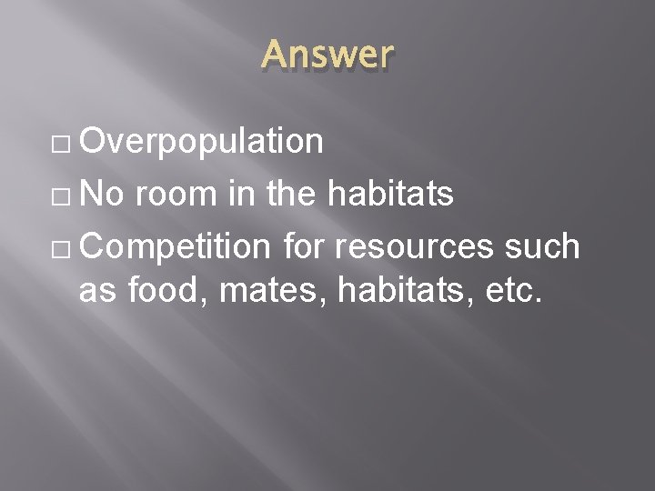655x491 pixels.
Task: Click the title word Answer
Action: tap(327, 56)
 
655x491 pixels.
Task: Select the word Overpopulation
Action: tap(201, 141)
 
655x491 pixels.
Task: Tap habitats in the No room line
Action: tap(390, 193)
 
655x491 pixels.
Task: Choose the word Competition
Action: tap(175, 245)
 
